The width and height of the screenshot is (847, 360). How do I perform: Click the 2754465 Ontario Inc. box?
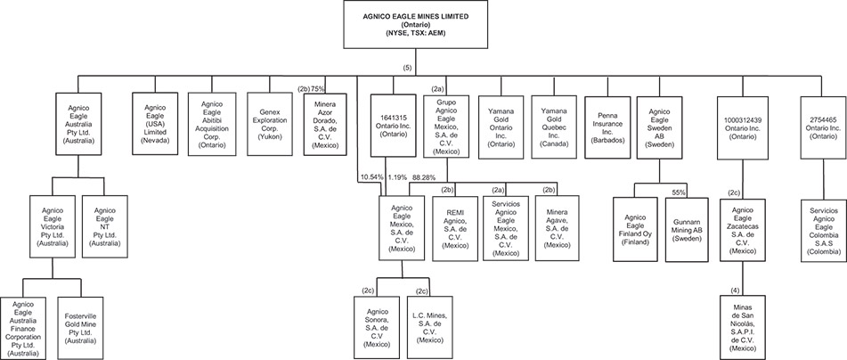point(818,127)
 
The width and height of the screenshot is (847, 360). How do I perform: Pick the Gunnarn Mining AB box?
point(687,227)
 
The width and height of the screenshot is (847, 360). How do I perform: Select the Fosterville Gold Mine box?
point(85,328)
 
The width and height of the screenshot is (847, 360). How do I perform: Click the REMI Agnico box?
point(455,227)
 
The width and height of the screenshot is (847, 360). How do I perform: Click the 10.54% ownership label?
point(371,177)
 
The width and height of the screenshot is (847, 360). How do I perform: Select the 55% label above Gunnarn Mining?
point(679,192)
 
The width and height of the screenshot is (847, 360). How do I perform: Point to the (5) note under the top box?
point(407,70)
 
